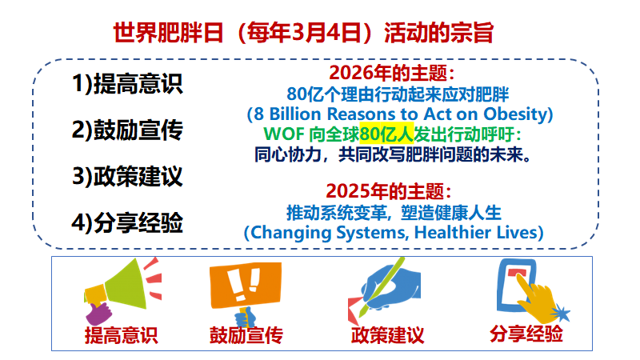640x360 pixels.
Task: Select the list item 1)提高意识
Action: tap(127, 83)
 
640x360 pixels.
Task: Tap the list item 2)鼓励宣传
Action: tap(127, 130)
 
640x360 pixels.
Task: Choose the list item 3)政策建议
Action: tap(127, 176)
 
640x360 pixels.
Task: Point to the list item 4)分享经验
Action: tap(127, 222)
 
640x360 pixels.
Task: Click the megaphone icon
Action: tap(120, 289)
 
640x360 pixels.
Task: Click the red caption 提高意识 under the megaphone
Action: tap(121, 334)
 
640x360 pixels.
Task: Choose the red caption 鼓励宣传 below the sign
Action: tap(246, 334)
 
